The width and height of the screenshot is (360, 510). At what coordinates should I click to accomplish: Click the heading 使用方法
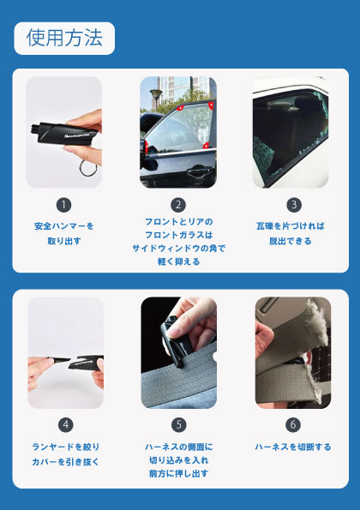[64, 38]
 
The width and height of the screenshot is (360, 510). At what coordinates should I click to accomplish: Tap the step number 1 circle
[63, 205]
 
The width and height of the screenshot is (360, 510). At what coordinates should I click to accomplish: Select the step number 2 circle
[178, 205]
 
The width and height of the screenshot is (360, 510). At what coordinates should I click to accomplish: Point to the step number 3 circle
[294, 205]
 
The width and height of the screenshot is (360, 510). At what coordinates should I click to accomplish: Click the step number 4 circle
[66, 425]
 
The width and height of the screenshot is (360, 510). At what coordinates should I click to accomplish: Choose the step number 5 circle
[179, 425]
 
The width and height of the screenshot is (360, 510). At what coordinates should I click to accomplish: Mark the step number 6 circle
[293, 425]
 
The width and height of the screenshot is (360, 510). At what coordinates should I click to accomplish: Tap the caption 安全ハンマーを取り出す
[64, 233]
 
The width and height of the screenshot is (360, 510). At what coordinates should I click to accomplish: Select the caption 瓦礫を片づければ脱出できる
[291, 233]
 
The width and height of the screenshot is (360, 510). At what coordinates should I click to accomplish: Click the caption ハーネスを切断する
[293, 447]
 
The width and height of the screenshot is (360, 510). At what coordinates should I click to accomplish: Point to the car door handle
[199, 170]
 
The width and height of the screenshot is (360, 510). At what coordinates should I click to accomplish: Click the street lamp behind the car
[156, 99]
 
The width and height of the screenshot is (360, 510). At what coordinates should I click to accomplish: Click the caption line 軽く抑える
[178, 261]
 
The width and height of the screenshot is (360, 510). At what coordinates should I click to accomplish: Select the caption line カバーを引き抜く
[65, 461]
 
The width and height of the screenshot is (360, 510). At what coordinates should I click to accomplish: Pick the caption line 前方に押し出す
[178, 473]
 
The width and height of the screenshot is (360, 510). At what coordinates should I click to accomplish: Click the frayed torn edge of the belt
[316, 325]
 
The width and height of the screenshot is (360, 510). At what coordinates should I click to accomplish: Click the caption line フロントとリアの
[178, 222]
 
